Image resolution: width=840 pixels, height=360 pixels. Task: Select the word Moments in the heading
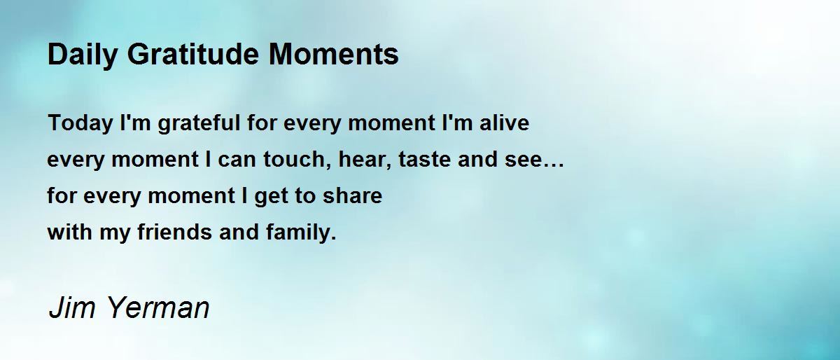[334, 54]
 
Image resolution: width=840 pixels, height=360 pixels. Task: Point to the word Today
[80, 124]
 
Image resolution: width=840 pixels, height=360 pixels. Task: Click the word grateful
[199, 124]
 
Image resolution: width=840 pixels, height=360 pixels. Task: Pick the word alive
[505, 123]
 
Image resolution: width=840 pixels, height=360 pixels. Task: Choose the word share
[353, 195]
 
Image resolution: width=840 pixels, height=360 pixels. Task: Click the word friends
[175, 232]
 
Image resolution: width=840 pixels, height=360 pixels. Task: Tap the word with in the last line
[70, 232]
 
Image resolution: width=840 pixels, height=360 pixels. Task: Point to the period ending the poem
[333, 238]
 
